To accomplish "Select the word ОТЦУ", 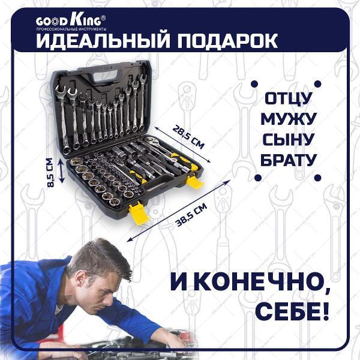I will click(289, 98).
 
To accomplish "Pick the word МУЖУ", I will click(289, 118).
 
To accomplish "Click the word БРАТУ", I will click(289, 160).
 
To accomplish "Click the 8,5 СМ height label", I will click(50, 172).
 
